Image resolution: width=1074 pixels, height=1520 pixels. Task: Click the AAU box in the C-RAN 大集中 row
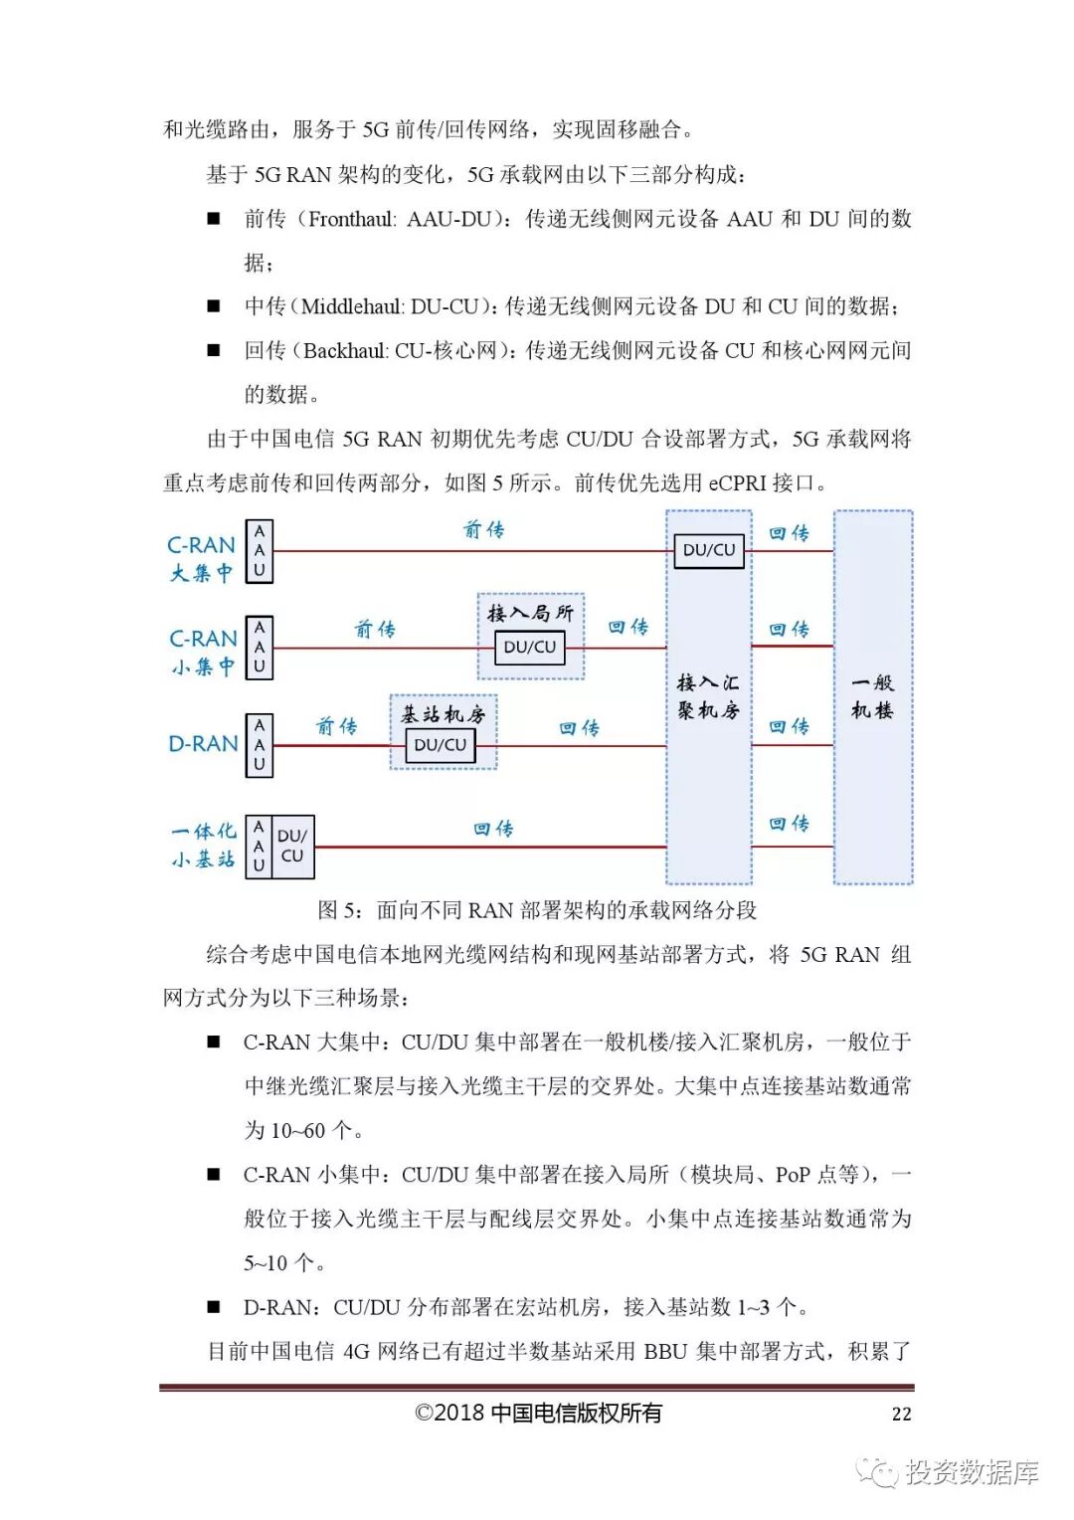(x=260, y=551)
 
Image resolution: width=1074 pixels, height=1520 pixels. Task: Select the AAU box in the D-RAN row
(x=260, y=745)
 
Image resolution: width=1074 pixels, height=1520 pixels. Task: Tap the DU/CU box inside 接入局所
(x=530, y=648)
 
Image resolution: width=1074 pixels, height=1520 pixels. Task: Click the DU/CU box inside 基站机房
(x=441, y=745)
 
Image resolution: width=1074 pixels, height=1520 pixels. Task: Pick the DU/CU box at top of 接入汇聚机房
(x=709, y=550)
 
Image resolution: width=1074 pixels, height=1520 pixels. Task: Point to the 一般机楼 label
(x=872, y=696)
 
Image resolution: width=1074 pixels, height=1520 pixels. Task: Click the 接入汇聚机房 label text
(x=708, y=696)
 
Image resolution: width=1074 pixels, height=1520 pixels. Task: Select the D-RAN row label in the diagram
(x=203, y=744)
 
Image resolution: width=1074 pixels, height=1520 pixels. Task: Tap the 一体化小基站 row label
(x=203, y=846)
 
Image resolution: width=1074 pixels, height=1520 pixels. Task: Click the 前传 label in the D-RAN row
(x=336, y=726)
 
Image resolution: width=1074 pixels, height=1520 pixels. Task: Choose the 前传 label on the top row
(x=484, y=529)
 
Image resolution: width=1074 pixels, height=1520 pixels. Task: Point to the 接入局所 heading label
(x=530, y=613)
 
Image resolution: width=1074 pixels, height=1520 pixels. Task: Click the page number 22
(x=901, y=1414)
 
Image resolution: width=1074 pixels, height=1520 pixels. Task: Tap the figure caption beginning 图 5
(x=537, y=910)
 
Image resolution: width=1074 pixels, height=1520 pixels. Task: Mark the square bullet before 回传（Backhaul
(x=213, y=350)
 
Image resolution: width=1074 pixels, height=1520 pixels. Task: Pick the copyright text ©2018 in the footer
(x=452, y=1414)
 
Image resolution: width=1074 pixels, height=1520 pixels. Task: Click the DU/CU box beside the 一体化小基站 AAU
(x=292, y=847)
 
